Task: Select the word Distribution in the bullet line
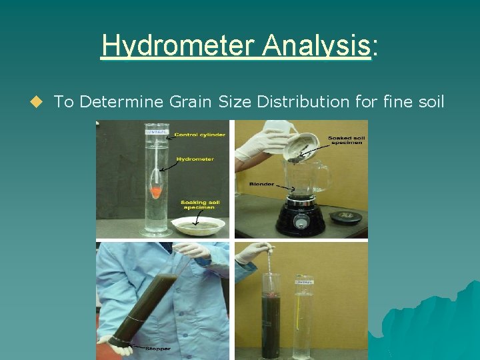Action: pos(319,102)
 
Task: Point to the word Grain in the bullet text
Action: pos(189,102)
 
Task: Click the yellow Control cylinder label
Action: pos(199,135)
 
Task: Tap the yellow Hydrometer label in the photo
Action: pos(195,159)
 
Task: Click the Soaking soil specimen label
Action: pos(200,205)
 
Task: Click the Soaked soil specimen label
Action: pos(345,141)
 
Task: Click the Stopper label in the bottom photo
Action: pos(159,348)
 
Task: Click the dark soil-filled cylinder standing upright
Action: pos(271,320)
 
